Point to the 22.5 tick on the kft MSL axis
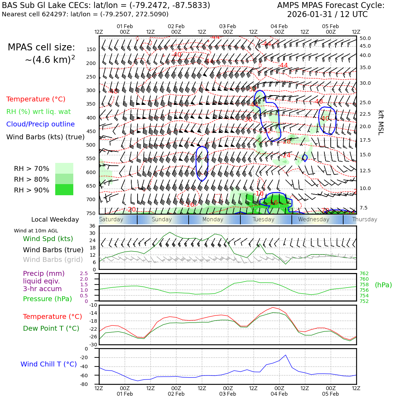(x=365, y=114)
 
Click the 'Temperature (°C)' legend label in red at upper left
(x=36, y=99)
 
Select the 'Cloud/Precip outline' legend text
(x=40, y=124)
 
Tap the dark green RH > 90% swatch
(x=64, y=190)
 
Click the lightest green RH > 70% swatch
(x=64, y=168)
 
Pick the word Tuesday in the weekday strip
(x=263, y=220)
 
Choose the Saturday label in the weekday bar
(x=111, y=220)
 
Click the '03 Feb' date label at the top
(x=228, y=26)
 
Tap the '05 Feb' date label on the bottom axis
(x=330, y=394)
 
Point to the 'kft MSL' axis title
(x=381, y=123)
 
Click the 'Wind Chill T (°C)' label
(x=49, y=364)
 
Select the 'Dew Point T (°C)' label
(x=51, y=328)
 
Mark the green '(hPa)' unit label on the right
(x=383, y=285)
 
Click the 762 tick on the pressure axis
(x=364, y=273)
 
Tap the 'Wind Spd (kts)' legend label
(x=48, y=239)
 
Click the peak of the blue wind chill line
(x=286, y=355)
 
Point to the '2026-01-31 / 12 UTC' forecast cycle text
(x=327, y=15)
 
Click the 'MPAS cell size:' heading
(x=41, y=48)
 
